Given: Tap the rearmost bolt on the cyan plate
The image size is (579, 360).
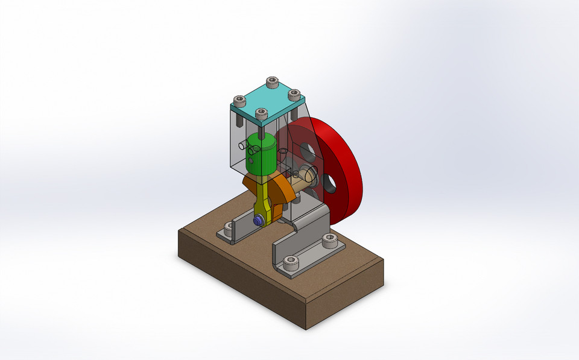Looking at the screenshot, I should tap(272, 81).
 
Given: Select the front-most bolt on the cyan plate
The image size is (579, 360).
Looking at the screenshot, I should tap(261, 113).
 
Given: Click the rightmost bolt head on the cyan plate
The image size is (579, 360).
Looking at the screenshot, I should tap(294, 94).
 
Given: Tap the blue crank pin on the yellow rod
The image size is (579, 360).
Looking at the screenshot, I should tap(258, 221).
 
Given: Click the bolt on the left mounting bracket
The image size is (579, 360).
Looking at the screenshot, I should tap(229, 229).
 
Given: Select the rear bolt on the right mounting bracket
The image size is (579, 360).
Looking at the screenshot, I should tap(329, 240).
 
